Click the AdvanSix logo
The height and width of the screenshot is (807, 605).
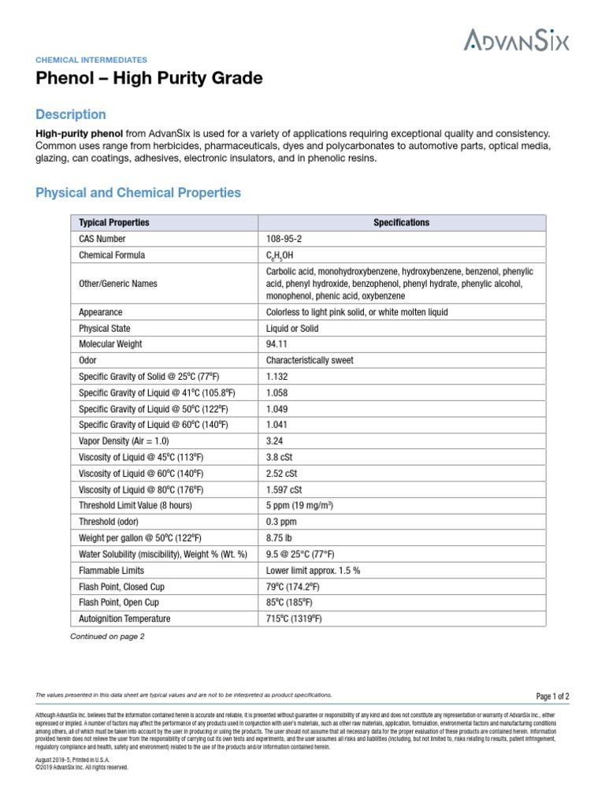tap(516, 39)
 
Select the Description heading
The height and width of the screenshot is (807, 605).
tap(71, 114)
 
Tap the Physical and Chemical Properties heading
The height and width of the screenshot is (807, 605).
tap(139, 192)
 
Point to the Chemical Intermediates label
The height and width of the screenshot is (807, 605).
tap(91, 59)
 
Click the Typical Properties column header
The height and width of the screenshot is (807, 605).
tap(114, 222)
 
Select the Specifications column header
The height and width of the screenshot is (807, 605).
tap(401, 222)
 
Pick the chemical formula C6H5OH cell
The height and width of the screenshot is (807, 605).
tap(284, 255)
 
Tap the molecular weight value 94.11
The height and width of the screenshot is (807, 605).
tap(277, 344)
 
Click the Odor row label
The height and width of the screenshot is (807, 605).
tap(88, 360)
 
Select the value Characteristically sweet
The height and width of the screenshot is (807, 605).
tap(310, 360)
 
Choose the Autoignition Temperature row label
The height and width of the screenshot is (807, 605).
tap(124, 619)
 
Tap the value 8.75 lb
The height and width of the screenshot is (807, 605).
tap(280, 538)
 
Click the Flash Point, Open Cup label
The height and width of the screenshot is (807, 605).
tap(120, 603)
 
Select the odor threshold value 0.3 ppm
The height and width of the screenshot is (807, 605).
tap(281, 522)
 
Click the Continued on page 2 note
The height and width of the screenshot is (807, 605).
tap(108, 636)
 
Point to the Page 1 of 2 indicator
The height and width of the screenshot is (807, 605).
tap(552, 696)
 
